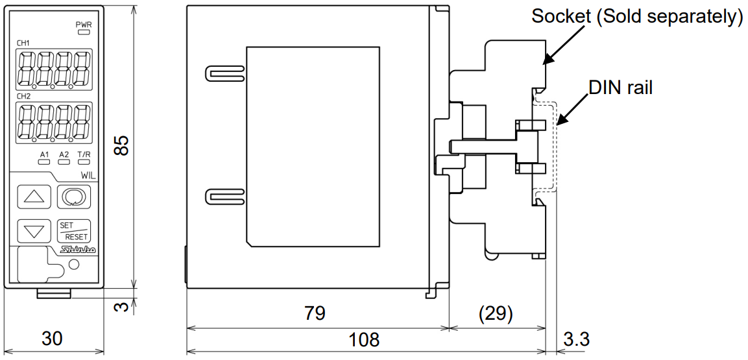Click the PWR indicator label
[84, 24]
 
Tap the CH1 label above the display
[24, 44]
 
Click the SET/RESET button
[73, 230]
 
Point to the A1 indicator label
[44, 154]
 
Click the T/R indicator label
[84, 154]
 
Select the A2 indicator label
[64, 154]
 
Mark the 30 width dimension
[53, 339]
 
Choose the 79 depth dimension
[315, 314]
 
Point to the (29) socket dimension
[496, 314]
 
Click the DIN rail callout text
[620, 88]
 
